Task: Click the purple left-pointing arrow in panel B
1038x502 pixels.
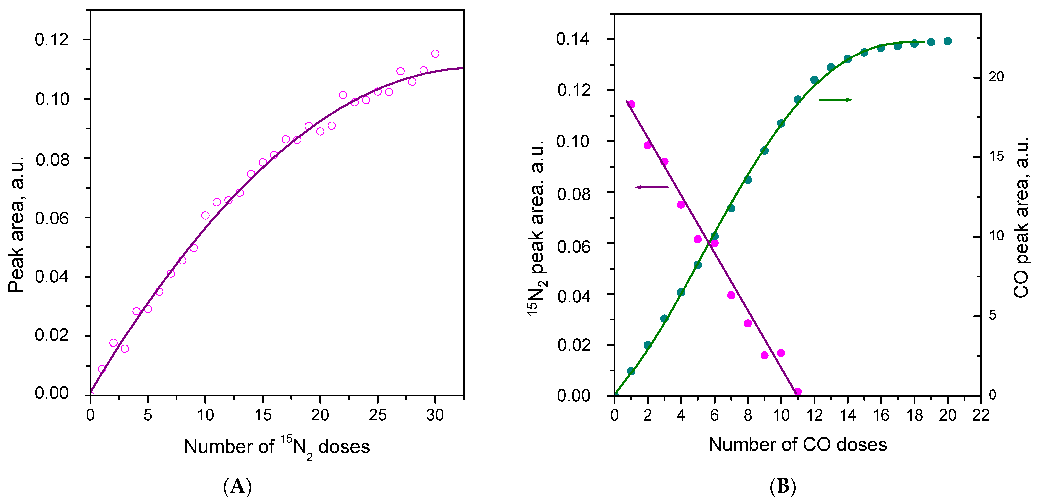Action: pos(651,187)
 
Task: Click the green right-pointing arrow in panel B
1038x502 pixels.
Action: pos(836,100)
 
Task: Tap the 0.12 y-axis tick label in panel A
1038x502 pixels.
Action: pos(52,40)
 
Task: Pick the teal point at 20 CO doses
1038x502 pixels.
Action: pos(948,41)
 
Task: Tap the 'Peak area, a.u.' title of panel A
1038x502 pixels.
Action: pos(17,224)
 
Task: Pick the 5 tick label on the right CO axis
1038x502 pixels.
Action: pos(992,315)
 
